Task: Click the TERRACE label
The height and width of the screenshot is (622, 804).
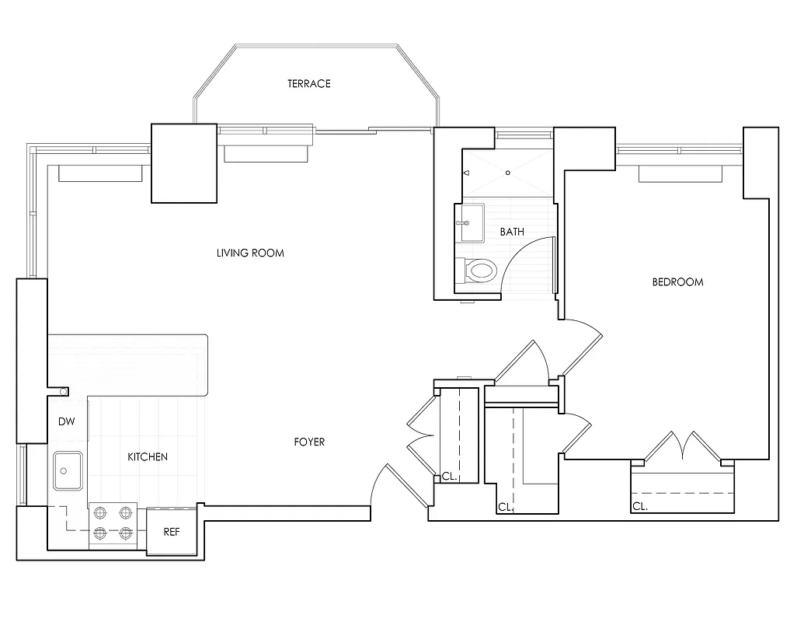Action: point(309,83)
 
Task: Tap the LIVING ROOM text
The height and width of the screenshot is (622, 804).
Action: point(250,253)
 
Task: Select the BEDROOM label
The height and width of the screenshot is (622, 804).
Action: point(677,281)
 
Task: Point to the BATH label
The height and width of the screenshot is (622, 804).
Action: point(512,232)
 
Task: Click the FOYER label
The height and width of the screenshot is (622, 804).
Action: point(309,442)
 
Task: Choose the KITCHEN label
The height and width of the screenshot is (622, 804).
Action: point(148,456)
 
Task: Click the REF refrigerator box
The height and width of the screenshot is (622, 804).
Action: point(172,533)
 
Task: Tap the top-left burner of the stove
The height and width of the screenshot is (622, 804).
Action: point(100,513)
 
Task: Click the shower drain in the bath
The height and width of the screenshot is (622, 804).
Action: point(507,173)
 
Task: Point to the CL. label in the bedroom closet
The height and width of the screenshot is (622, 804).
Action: point(639,506)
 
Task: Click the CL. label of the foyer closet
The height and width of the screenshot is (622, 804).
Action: point(449,477)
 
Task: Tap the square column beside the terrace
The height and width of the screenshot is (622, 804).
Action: point(183,163)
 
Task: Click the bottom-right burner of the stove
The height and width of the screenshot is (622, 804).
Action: point(125,533)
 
